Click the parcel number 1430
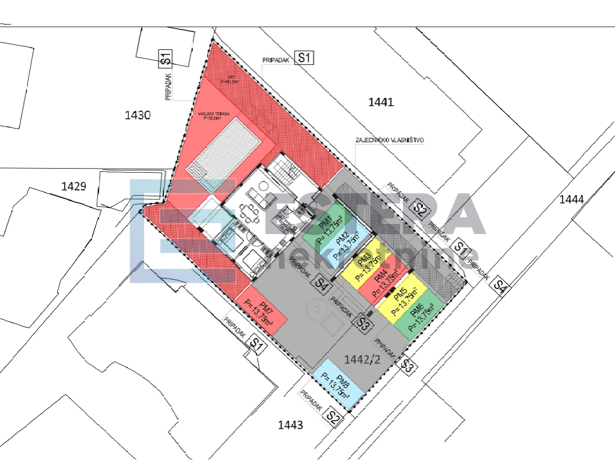[x=137, y=115]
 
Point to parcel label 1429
[x=74, y=186]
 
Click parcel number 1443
[x=290, y=426]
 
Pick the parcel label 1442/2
[x=362, y=359]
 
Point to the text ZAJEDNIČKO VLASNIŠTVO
[x=390, y=140]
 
